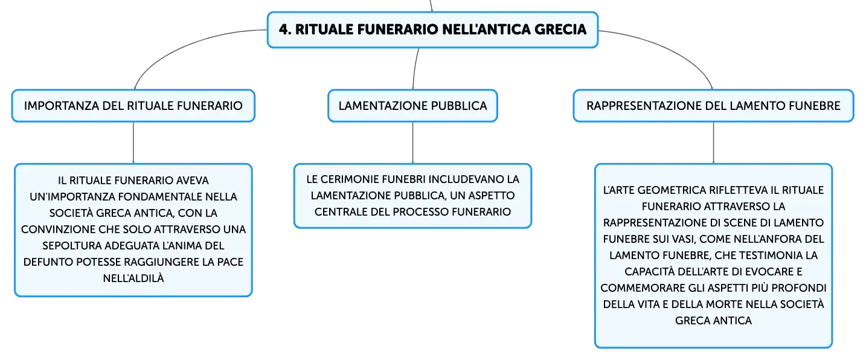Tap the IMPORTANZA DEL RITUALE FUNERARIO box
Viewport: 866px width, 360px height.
tap(133, 106)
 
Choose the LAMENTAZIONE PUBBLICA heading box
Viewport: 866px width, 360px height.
tap(412, 106)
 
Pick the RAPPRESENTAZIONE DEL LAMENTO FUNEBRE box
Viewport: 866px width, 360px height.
tap(713, 106)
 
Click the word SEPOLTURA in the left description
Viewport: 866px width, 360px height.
tap(72, 246)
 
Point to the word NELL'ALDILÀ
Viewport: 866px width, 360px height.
tap(133, 278)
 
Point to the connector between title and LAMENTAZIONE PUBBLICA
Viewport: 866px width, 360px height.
tap(415, 69)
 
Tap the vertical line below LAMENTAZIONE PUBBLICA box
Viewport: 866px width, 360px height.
tap(412, 143)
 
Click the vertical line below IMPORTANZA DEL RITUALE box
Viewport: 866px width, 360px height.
tap(133, 143)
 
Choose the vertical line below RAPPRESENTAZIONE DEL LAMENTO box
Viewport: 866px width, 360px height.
tap(713, 143)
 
